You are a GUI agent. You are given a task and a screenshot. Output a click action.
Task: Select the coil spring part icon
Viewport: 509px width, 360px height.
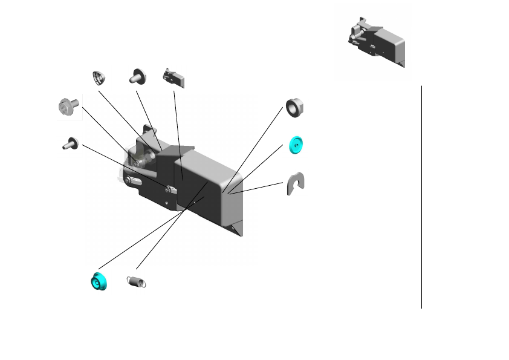pos(138,281)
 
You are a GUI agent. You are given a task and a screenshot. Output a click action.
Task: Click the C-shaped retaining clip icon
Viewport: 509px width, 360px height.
pos(295,183)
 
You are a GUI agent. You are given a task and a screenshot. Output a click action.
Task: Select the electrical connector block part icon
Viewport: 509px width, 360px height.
pos(173,79)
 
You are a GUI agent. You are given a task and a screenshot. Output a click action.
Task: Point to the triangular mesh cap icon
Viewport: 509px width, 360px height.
pos(99,78)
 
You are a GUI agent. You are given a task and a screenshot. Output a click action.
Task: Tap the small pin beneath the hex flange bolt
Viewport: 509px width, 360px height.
pos(70,143)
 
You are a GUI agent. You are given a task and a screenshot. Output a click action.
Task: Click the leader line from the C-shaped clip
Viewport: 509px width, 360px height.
pos(260,188)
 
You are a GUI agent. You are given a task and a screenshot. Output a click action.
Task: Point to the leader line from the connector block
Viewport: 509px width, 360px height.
pos(178,133)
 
